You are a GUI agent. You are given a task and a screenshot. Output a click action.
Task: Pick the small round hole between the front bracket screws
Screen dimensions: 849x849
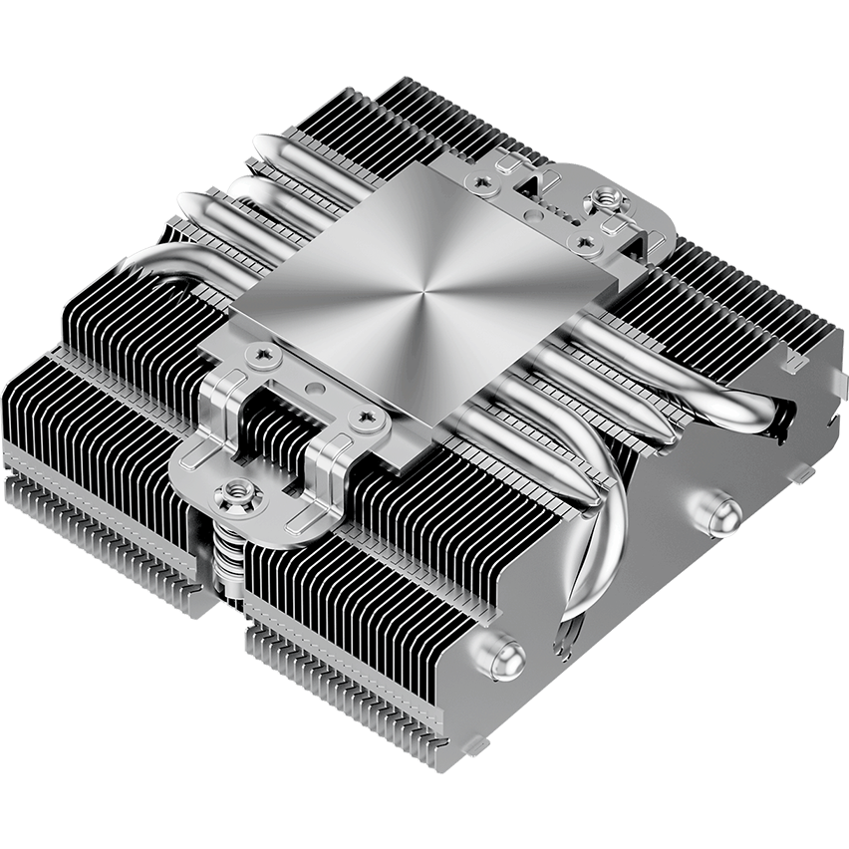[x=311, y=383]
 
